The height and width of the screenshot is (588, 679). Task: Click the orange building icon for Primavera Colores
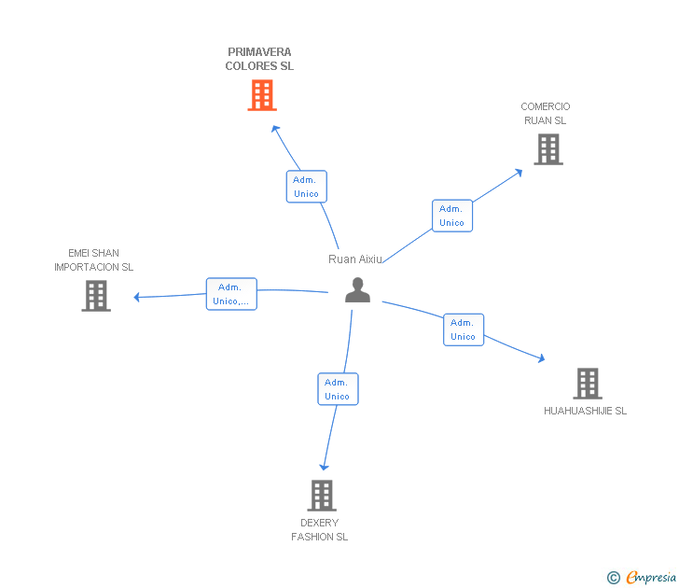[x=262, y=95]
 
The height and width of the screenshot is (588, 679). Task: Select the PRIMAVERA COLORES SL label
[x=259, y=60]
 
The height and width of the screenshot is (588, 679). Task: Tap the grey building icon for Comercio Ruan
[x=548, y=149]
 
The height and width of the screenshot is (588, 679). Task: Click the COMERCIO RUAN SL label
[x=546, y=114]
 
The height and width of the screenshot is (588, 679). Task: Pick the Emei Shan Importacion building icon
[x=96, y=296]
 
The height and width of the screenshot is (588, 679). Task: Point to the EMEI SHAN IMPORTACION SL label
[x=93, y=260]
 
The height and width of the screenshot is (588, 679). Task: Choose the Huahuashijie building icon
[x=587, y=383]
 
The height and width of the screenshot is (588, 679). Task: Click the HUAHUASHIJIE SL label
[x=585, y=411]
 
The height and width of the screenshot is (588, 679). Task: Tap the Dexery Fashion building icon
[x=321, y=496]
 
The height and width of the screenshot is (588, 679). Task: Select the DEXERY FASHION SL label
[x=319, y=530]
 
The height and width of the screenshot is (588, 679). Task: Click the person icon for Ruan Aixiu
[x=357, y=290]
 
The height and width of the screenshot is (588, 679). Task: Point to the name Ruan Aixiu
[x=355, y=259]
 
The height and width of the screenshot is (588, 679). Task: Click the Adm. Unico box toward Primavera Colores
[x=306, y=187]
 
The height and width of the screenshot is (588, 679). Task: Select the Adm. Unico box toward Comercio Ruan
[x=451, y=216]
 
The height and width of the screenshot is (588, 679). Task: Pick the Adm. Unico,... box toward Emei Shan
[x=231, y=294]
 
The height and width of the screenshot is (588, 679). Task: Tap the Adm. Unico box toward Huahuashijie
[x=464, y=329]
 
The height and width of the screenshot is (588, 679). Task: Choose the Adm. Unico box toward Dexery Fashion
[x=338, y=389]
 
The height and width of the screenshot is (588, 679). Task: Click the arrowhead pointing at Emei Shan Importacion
[x=137, y=298]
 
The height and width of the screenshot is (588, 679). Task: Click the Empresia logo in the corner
[x=643, y=578]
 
